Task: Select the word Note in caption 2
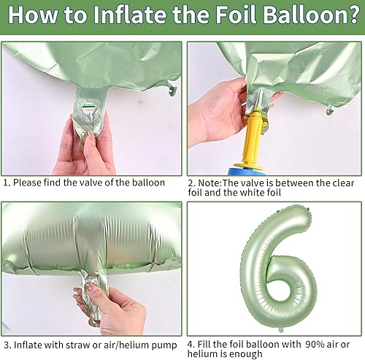[212, 183]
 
